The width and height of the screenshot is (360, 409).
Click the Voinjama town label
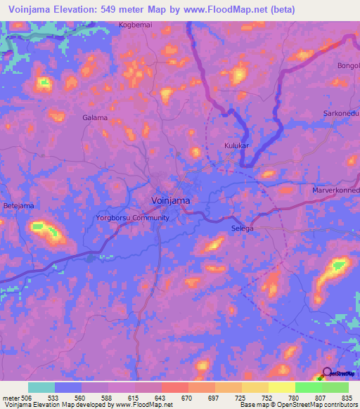coord(171,200)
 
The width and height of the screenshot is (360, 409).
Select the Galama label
coord(95,117)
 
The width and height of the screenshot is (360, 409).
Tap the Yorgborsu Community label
coord(132,218)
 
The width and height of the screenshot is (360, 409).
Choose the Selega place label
coord(242,228)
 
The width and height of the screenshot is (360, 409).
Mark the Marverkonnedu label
coord(336,190)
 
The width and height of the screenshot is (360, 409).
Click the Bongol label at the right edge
coord(348,65)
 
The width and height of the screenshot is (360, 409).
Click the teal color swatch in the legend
coord(41,387)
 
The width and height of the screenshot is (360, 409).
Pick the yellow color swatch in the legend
coord(281,387)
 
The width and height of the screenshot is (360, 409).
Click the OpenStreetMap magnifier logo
coord(328,372)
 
